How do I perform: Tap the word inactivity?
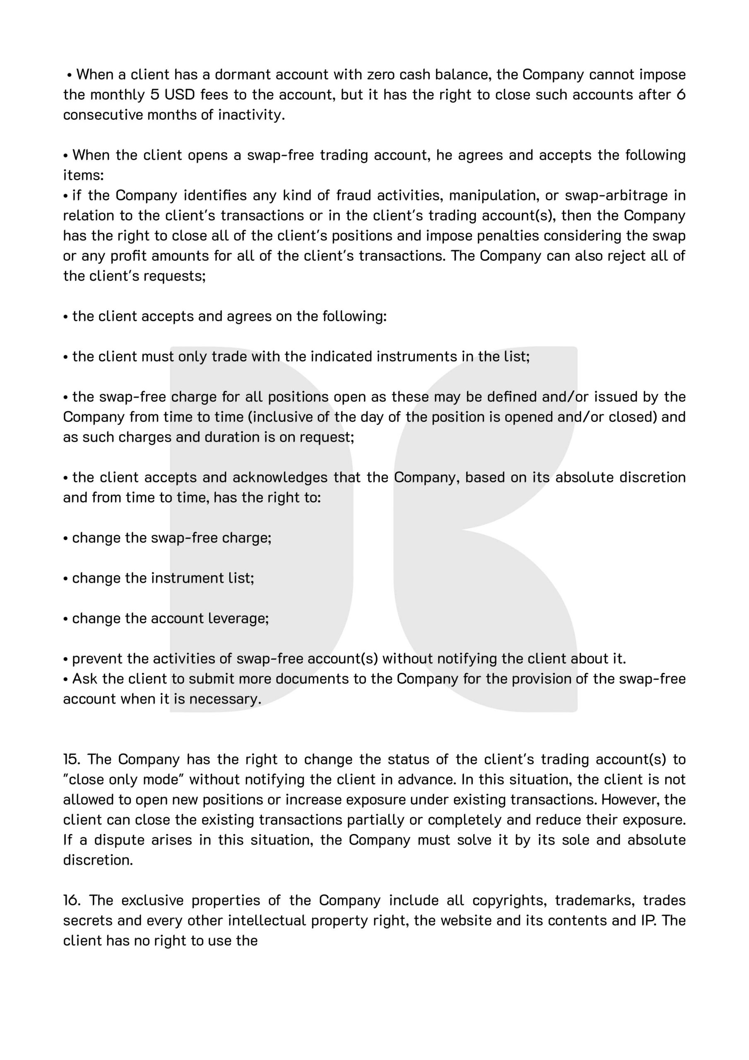coord(251,115)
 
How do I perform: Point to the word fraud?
coord(354,196)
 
